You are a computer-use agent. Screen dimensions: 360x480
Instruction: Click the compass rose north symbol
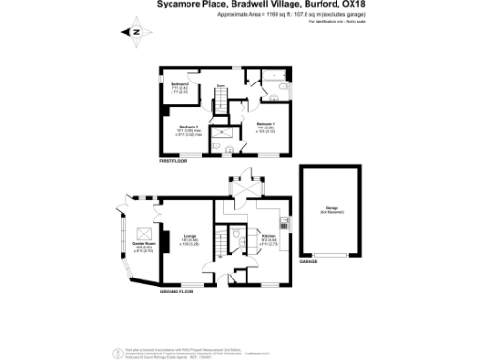(133, 32)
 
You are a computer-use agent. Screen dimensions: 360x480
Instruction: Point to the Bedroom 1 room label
(265, 126)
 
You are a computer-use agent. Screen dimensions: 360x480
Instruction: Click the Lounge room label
(189, 238)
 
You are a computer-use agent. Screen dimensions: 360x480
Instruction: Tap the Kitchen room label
(267, 238)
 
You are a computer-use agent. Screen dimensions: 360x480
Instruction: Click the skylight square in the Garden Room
(145, 232)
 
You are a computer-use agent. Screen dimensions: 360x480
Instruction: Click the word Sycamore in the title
(181, 6)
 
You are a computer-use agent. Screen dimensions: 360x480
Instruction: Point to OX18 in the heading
(344, 6)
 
